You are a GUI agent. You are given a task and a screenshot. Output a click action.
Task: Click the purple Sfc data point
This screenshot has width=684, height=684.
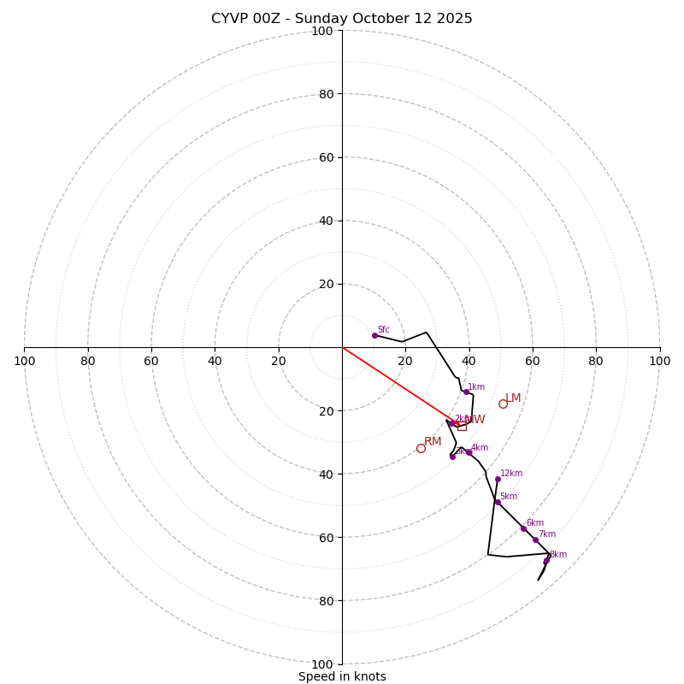pos(374,335)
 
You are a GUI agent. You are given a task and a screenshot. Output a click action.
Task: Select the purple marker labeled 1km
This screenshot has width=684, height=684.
pos(466,392)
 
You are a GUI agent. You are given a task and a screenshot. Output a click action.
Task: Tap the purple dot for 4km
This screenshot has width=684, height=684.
pos(469,452)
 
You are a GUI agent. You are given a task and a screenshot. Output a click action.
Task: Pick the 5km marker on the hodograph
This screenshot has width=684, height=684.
pos(498,502)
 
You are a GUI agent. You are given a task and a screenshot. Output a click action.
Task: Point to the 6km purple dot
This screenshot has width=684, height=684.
pos(523,528)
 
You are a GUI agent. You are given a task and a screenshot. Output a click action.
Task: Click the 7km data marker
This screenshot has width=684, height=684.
pos(535,540)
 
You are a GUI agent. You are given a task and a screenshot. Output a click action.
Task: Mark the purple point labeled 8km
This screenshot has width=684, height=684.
pos(546,561)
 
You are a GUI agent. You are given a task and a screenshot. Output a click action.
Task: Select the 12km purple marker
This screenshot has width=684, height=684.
pos(498,479)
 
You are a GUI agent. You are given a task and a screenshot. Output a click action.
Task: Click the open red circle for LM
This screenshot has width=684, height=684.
pos(503,404)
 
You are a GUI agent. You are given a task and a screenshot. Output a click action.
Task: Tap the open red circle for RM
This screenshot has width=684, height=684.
pos(421,448)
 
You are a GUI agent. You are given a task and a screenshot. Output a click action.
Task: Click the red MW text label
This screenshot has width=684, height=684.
pos(475,420)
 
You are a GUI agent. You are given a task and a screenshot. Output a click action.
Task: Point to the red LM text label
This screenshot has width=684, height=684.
pos(513,398)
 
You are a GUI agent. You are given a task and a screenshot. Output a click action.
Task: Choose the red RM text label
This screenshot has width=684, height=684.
pos(433,442)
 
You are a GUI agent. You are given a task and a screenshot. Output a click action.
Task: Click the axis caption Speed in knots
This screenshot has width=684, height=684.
pos(342,676)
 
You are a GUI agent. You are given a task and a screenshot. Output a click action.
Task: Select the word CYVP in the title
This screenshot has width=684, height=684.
pos(231,19)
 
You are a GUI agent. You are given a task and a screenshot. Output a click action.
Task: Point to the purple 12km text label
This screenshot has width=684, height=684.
pos(511,474)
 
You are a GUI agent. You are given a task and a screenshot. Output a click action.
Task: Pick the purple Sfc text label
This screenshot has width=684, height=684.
pos(384,330)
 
